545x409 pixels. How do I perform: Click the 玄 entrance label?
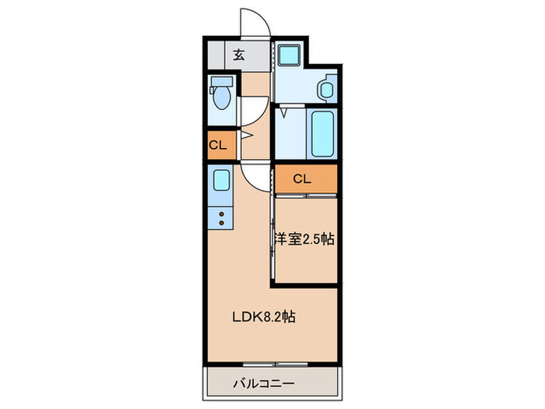tap(239, 55)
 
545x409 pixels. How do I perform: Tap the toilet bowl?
tap(221, 99)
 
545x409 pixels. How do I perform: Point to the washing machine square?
tap(290, 55)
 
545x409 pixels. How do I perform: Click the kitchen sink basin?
tap(220, 183)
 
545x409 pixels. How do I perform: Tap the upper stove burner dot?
tap(222, 214)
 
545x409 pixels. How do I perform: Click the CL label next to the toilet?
tap(218, 145)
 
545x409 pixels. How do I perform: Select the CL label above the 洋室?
tap(302, 179)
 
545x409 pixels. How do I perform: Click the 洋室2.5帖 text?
tap(304, 240)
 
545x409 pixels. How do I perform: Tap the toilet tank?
tap(221, 81)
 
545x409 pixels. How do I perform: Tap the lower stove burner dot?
tap(222, 224)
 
